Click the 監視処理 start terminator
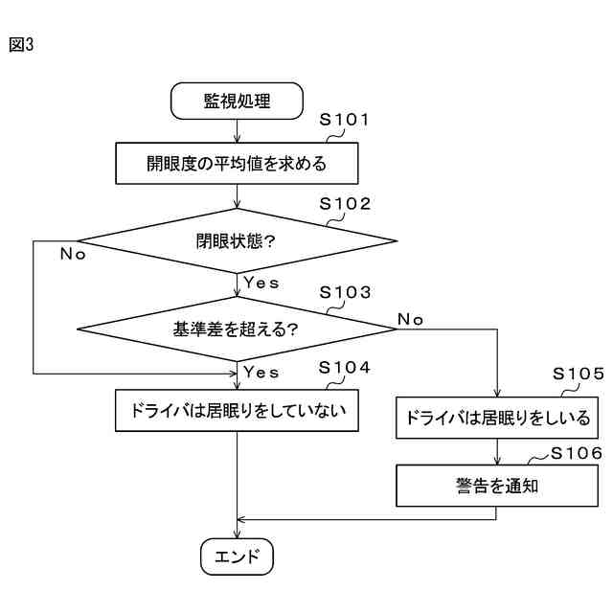[237, 100]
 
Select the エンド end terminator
[237, 556]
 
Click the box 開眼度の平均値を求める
[237, 163]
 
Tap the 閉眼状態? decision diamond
[237, 240]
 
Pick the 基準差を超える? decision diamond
[237, 329]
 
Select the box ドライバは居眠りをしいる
[497, 419]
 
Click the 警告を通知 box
[497, 486]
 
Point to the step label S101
[344, 120]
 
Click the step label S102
[344, 204]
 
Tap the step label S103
[344, 291]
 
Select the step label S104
[344, 368]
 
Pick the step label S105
[579, 375]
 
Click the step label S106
[577, 452]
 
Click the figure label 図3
[20, 44]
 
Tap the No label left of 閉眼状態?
[73, 254]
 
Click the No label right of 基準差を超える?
[410, 319]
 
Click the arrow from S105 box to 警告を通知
[497, 452]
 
